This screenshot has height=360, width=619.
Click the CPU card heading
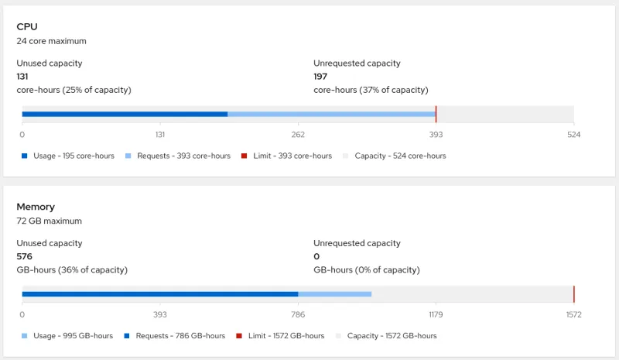coord(27,27)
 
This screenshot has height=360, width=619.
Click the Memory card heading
coord(36,207)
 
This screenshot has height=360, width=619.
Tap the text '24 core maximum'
coord(51,41)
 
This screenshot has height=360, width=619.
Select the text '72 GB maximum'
coord(49,221)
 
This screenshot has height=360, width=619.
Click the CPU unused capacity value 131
coord(23,77)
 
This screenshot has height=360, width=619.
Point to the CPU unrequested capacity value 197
coord(320,77)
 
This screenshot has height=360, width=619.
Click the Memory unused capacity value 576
coord(24,256)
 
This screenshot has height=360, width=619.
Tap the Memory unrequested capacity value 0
coord(316,256)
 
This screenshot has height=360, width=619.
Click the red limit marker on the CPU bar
coord(436,114)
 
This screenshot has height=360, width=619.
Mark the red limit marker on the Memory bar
coord(573,294)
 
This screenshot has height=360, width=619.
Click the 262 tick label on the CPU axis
coord(298,135)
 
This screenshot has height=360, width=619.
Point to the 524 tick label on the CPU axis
coord(573,135)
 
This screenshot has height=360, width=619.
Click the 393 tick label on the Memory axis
coord(160,315)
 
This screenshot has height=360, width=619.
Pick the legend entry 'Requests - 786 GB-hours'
coord(180,336)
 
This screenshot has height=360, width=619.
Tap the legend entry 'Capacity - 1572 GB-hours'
coord(392,336)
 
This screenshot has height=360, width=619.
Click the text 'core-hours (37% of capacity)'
coord(371,90)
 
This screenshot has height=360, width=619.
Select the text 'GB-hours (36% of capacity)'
coord(72,270)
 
